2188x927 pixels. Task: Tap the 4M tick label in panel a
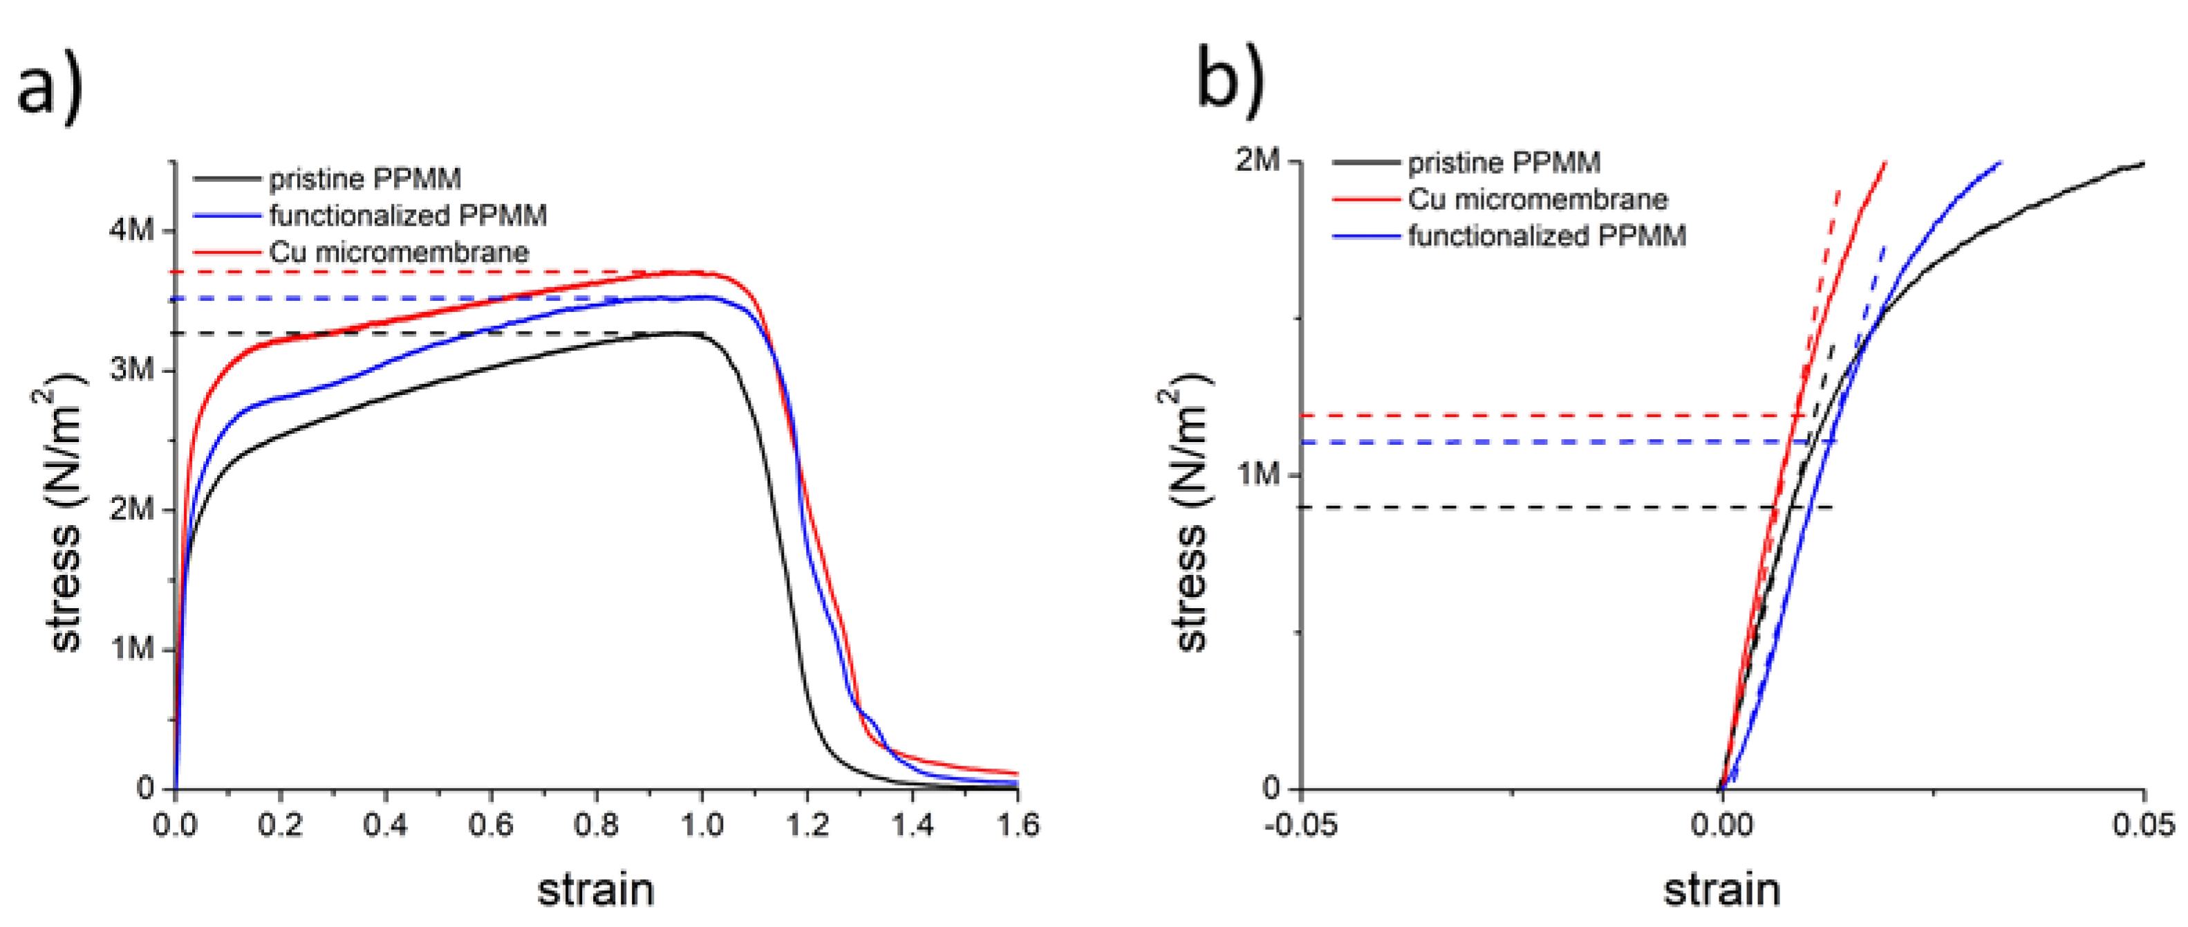(x=131, y=230)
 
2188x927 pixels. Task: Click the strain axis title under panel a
(x=595, y=890)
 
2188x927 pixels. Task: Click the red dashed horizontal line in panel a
(x=382, y=272)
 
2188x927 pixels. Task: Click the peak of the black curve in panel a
(x=680, y=333)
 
